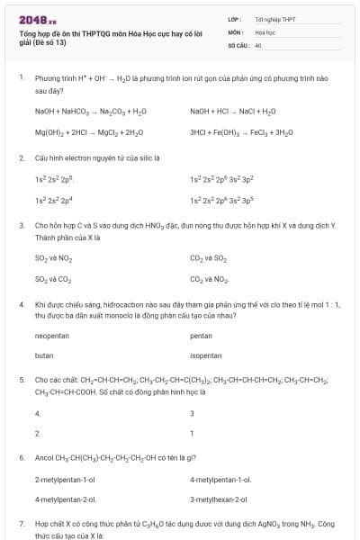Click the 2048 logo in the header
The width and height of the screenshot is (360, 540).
click(x=37, y=19)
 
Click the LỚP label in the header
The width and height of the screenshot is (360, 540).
click(x=233, y=18)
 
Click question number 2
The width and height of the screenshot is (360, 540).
click(x=21, y=157)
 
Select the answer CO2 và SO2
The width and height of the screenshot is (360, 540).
click(x=208, y=257)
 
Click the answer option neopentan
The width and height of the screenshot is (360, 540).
click(x=52, y=336)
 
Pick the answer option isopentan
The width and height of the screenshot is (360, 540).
click(x=206, y=355)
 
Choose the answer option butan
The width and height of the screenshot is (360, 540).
click(x=44, y=355)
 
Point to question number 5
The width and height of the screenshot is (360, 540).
click(x=21, y=381)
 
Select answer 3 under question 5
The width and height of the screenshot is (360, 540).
click(x=192, y=414)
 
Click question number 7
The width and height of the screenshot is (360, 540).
click(x=21, y=523)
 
